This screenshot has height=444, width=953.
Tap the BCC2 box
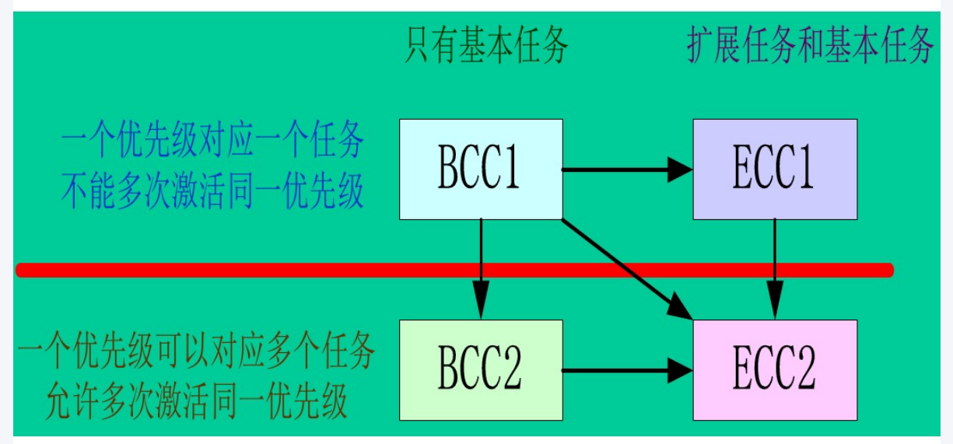coord(481,370)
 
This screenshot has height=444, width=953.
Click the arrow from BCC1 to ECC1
coord(622,169)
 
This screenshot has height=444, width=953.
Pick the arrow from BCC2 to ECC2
coord(622,372)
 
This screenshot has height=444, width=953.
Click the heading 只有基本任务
coord(487,46)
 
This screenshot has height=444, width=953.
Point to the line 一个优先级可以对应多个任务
coord(196,353)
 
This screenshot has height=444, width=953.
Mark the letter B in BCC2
coord(447,371)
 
